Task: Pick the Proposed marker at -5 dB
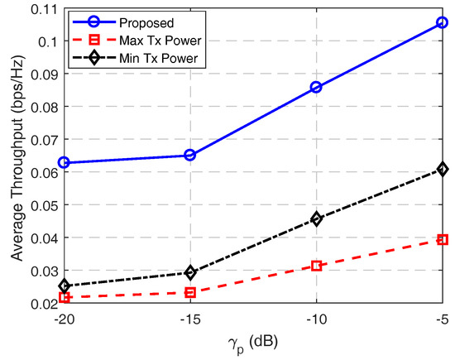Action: pyautogui.click(x=442, y=23)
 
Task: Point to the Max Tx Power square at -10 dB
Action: pyautogui.click(x=316, y=266)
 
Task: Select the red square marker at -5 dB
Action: pyautogui.click(x=442, y=239)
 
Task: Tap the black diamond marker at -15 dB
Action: pyautogui.click(x=189, y=272)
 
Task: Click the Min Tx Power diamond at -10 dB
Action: pyautogui.click(x=316, y=219)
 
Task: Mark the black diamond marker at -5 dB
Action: pyautogui.click(x=442, y=169)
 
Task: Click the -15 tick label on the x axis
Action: pyautogui.click(x=189, y=319)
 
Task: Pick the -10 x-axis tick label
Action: pyautogui.click(x=316, y=319)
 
